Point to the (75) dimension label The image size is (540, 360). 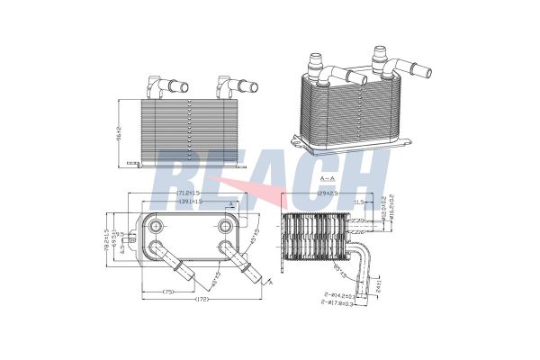(168, 291)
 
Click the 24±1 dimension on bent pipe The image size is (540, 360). (380, 285)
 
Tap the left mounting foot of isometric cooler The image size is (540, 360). (297, 140)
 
